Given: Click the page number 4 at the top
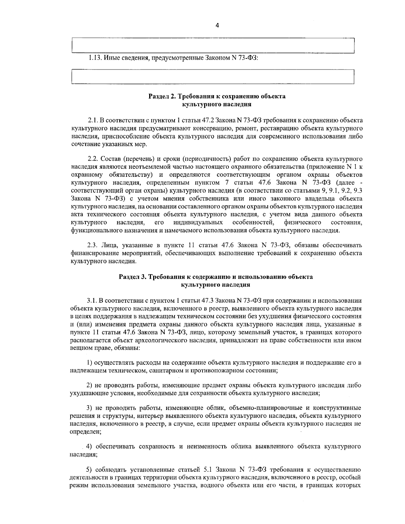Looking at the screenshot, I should (217, 25).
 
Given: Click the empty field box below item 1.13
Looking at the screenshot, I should (213, 77).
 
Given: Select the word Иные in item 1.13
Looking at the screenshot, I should (111, 58).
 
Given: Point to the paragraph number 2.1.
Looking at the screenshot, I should (92, 120).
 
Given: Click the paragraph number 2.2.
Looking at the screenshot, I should (92, 159).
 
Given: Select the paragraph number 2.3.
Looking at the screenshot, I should (92, 245).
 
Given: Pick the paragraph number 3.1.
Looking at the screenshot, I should (92, 300).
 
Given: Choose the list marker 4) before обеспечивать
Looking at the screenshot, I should (89, 447).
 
